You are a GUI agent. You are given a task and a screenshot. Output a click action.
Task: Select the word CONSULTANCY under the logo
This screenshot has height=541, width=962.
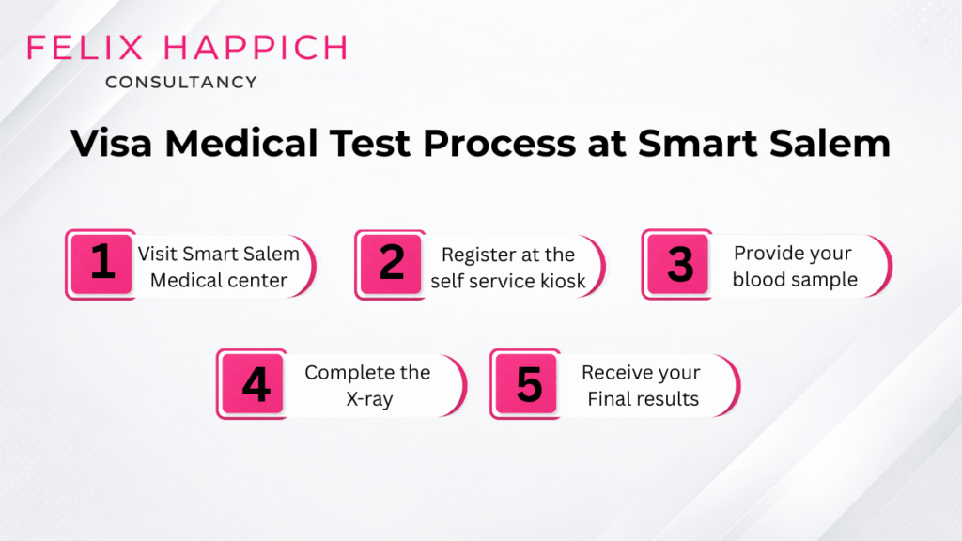click(x=181, y=83)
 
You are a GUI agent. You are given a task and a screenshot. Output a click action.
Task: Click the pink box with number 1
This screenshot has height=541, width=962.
click(x=102, y=264)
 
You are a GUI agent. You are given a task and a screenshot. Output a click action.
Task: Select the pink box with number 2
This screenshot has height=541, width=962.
click(x=391, y=264)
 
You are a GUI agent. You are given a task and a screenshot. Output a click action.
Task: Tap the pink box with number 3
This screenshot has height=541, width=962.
click(x=679, y=264)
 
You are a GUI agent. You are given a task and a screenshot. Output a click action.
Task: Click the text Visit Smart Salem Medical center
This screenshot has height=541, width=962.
click(x=219, y=266)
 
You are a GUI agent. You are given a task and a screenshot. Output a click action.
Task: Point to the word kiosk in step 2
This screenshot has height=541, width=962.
click(x=560, y=280)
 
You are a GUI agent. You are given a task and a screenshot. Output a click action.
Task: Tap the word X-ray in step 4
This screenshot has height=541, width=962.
click(x=367, y=398)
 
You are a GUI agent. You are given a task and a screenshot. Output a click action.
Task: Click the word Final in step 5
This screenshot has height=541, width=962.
click(x=608, y=398)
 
